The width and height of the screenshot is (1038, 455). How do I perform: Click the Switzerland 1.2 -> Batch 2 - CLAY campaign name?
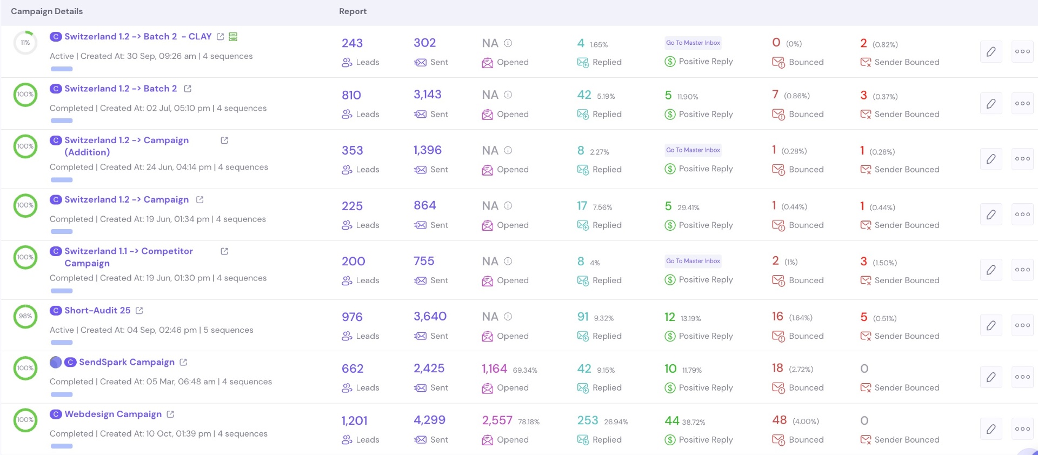[138, 37]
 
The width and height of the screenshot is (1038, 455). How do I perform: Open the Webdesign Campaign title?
[113, 414]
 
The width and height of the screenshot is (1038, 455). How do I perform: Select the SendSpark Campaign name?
[127, 362]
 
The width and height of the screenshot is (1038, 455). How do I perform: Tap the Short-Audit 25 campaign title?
[97, 310]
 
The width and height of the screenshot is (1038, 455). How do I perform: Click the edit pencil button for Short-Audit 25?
[991, 325]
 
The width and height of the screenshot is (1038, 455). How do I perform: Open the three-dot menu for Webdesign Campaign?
[1022, 429]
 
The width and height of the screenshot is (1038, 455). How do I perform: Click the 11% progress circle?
[25, 43]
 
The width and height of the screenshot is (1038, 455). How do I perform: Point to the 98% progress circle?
[25, 317]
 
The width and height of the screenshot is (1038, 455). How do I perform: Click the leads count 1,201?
[355, 420]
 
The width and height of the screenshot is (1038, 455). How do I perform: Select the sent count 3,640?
[430, 316]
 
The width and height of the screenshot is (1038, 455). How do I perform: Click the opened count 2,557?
[497, 420]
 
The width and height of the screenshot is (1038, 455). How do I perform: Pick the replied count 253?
[588, 420]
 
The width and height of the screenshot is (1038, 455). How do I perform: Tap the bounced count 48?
[780, 420]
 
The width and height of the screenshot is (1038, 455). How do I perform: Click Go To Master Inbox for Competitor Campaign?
[693, 261]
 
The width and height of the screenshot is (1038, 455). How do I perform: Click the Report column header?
[353, 11]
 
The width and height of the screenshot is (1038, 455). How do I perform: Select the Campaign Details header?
[47, 11]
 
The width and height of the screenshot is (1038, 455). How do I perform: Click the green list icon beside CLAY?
[233, 37]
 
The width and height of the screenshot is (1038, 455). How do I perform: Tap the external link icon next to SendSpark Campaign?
[183, 362]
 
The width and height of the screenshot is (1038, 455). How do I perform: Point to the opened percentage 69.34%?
[525, 370]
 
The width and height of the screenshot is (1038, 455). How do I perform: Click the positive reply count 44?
[671, 420]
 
